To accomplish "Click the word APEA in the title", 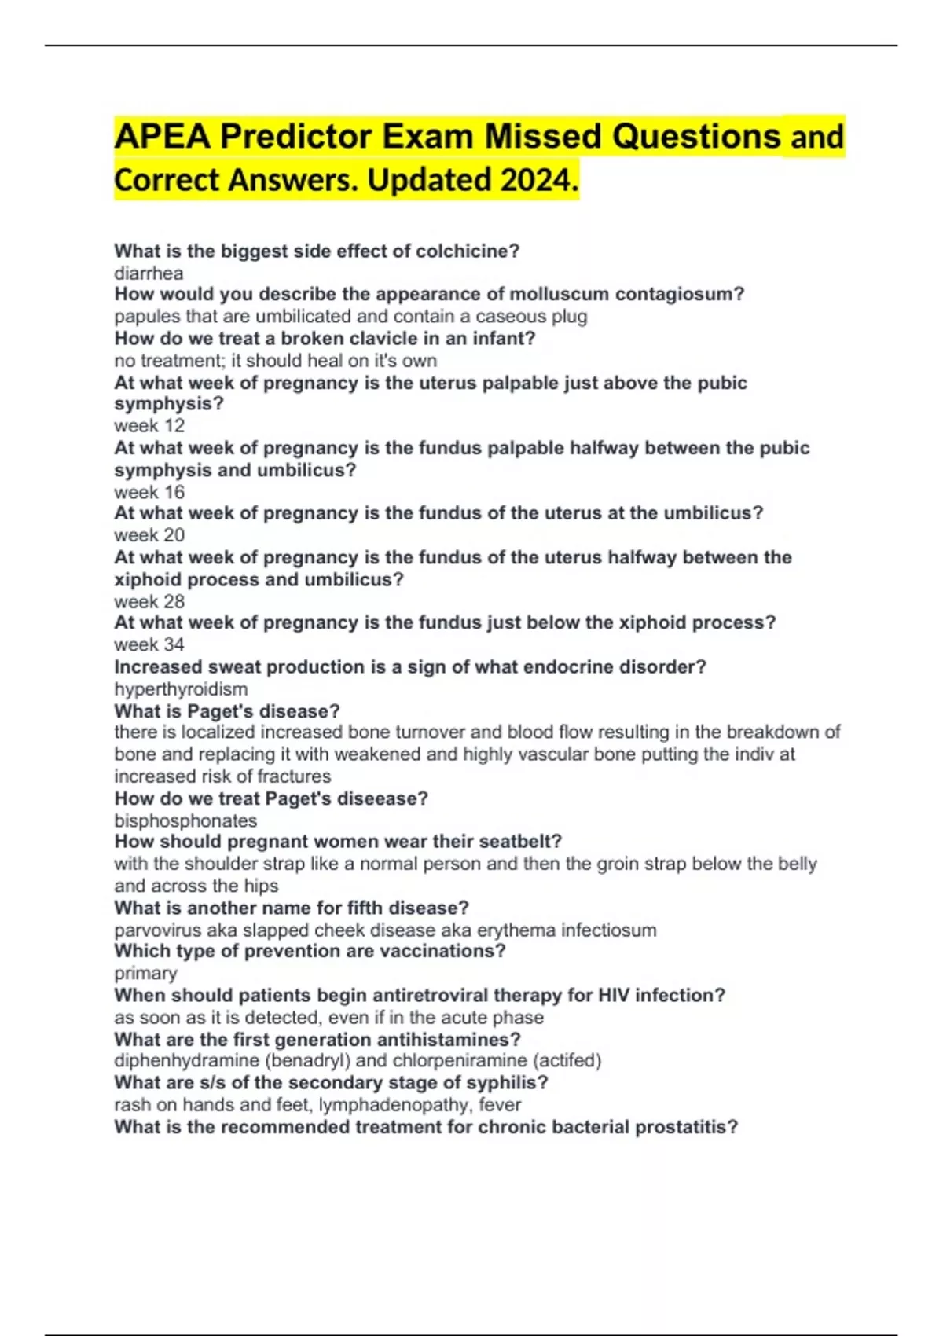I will [163, 137].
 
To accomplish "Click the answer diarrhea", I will [149, 273].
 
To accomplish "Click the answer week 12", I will [149, 426].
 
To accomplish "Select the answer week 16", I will [149, 493].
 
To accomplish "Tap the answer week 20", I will [149, 535].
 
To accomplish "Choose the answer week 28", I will [149, 602].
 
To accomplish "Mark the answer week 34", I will [149, 645].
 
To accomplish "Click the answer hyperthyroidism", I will [181, 689].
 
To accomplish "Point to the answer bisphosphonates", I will [185, 821].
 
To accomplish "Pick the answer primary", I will [145, 974].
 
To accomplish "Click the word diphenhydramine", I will [186, 1061].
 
